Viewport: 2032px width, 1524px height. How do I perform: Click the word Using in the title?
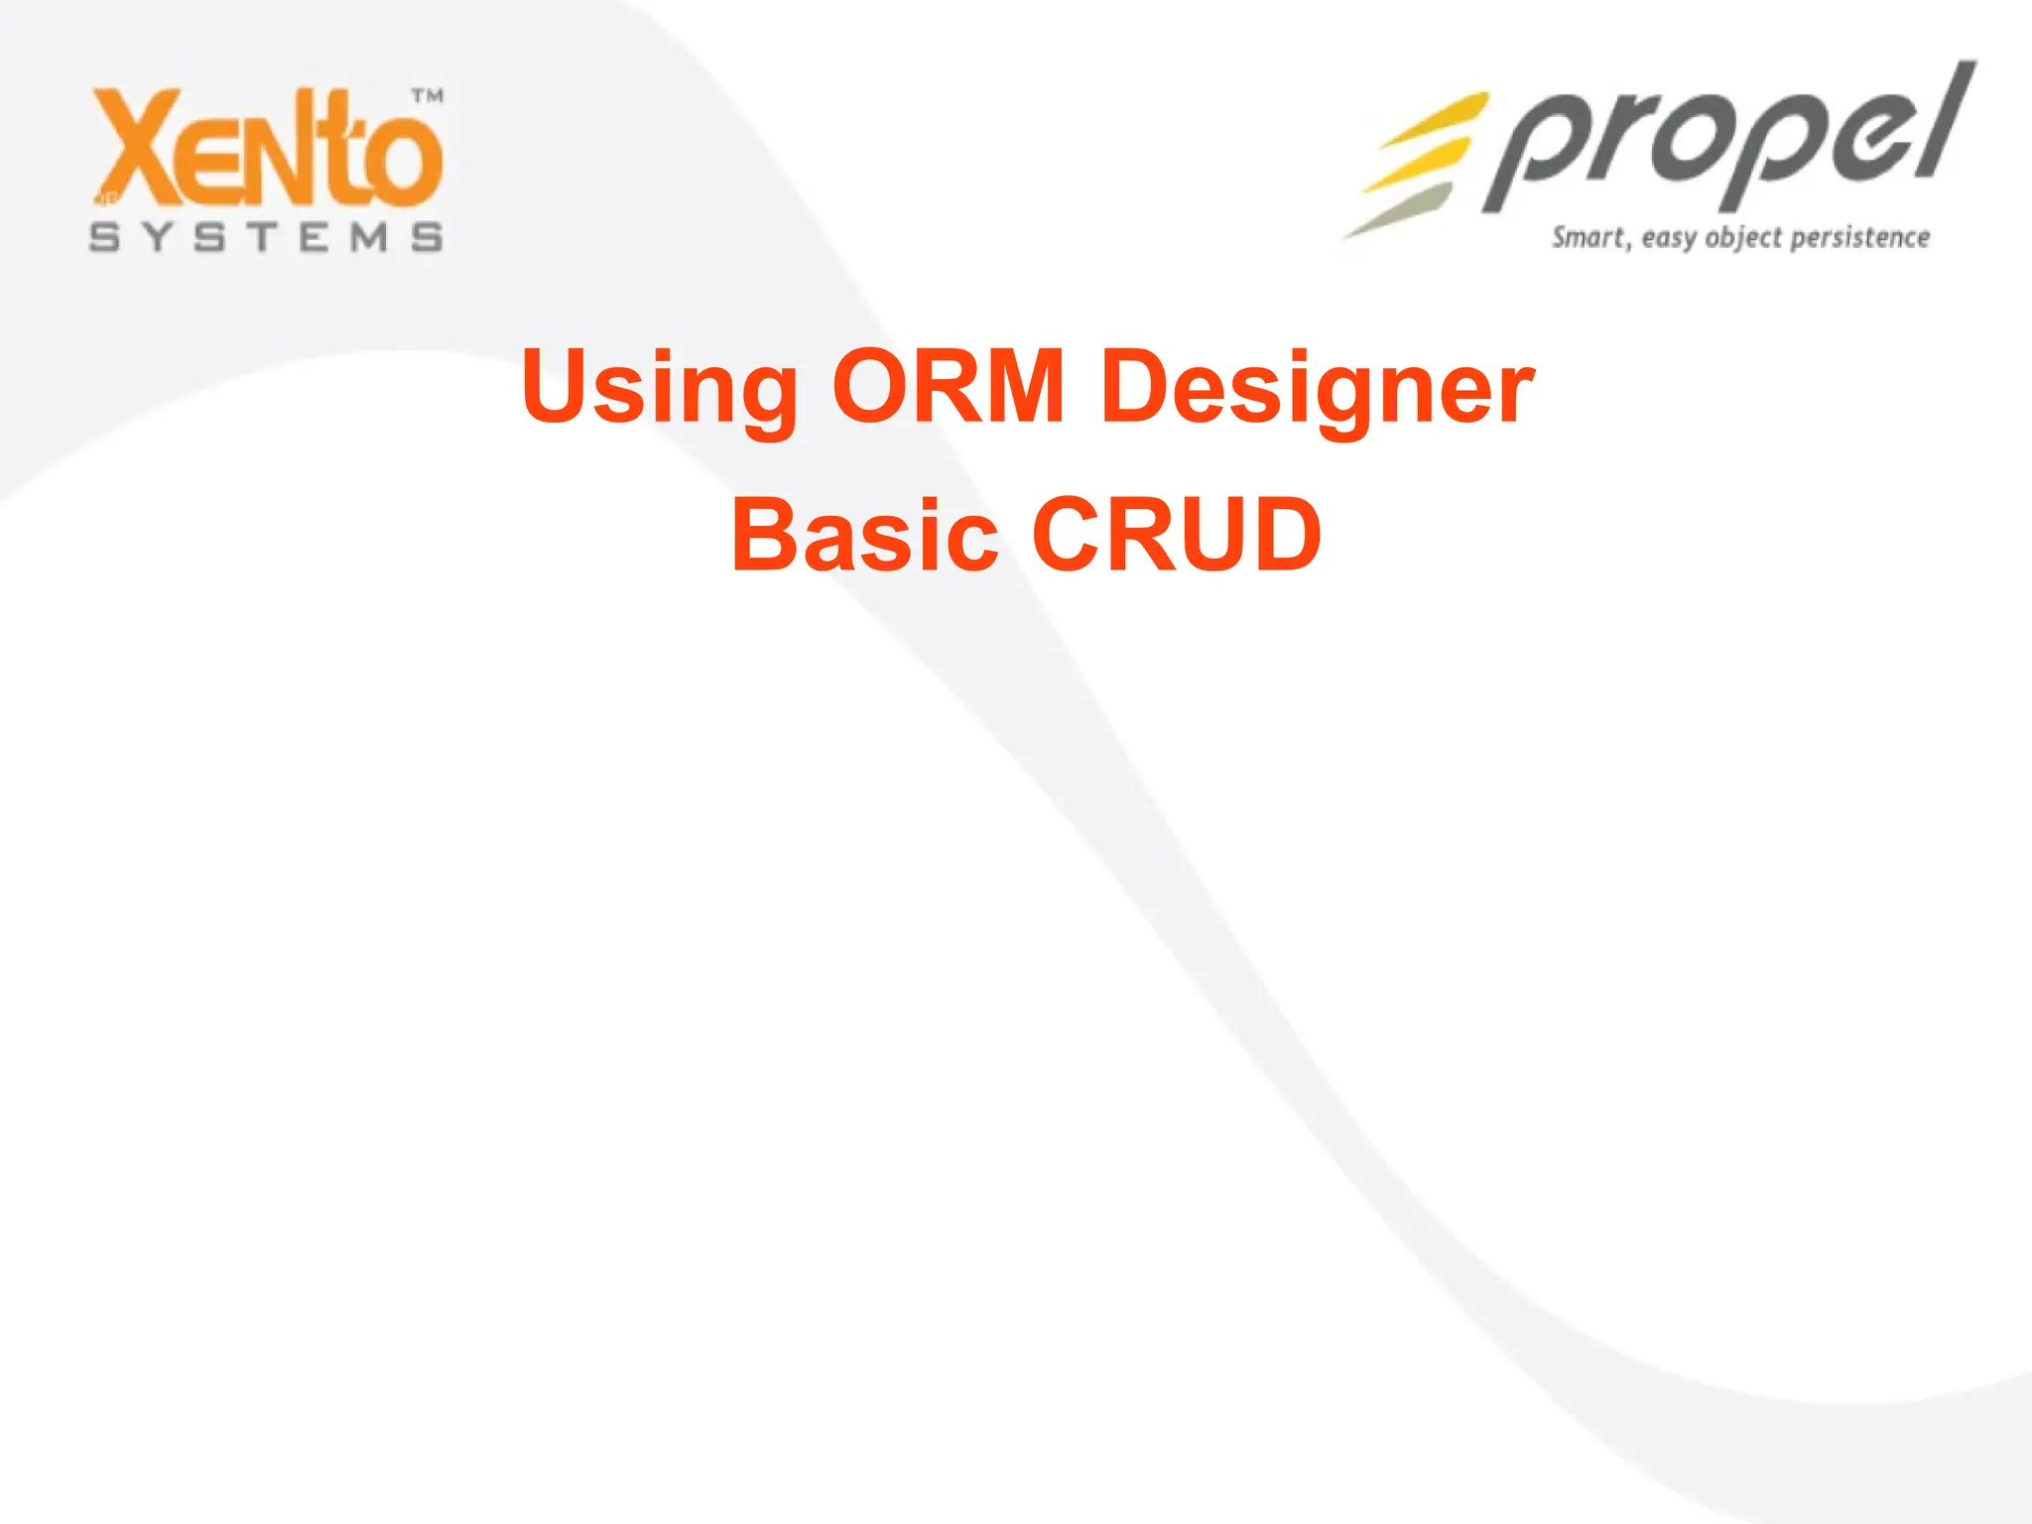click(x=659, y=389)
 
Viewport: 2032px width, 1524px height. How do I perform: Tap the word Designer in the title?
click(x=1318, y=389)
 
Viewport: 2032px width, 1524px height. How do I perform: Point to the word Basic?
click(x=864, y=536)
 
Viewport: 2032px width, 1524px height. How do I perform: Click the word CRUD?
click(x=1177, y=536)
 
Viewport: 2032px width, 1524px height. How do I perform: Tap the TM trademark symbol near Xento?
click(x=428, y=96)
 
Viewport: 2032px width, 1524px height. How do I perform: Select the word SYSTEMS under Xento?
click(x=266, y=238)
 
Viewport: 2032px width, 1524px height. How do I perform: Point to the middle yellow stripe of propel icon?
click(x=1419, y=164)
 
